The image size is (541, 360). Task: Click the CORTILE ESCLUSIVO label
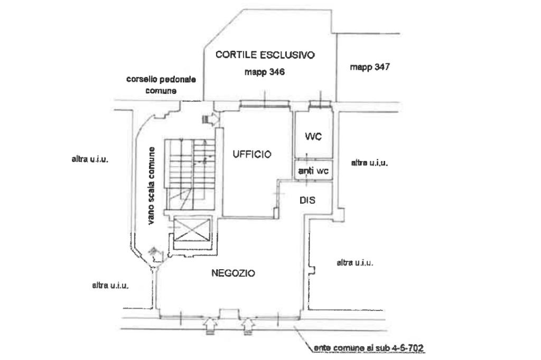coord(265,54)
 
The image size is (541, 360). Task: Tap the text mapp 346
coord(265,73)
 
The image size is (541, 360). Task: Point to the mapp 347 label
coord(369,67)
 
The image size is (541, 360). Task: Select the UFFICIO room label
coord(251,155)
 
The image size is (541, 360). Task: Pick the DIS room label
coord(307,200)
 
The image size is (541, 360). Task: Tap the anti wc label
coord(313,170)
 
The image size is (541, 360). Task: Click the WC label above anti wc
coord(313,137)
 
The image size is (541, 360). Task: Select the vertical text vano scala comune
coord(152,185)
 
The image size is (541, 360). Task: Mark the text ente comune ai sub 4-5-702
coord(369,348)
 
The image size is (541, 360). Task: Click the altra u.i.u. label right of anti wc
coord(369,163)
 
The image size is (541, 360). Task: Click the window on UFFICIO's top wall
coord(264,104)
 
